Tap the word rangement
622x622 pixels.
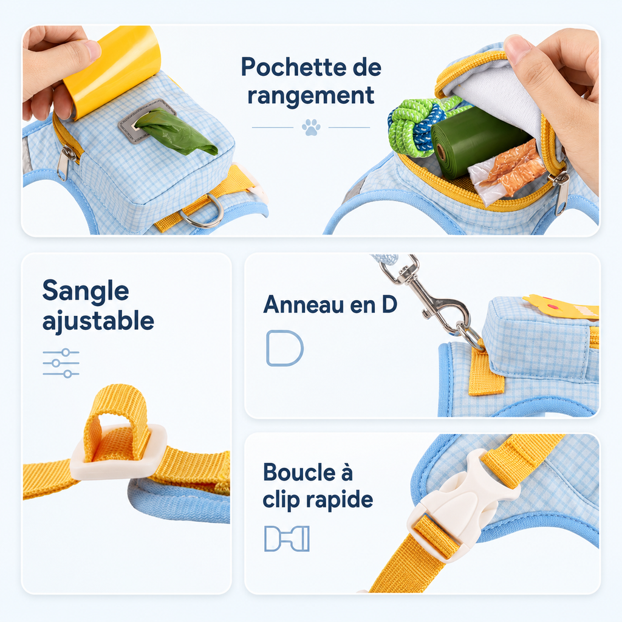coord(310,96)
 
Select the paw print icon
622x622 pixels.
coord(311,128)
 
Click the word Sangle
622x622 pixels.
coord(86,292)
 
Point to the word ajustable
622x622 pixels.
coord(98,321)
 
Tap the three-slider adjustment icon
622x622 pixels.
coord(61,363)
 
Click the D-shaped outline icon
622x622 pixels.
coord(284,348)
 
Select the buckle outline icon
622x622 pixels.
coord(287,539)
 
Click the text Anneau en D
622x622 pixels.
coord(330,305)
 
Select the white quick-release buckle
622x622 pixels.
coord(462,506)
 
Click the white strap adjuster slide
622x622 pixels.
coord(118,452)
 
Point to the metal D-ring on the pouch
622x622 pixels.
coord(202,212)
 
